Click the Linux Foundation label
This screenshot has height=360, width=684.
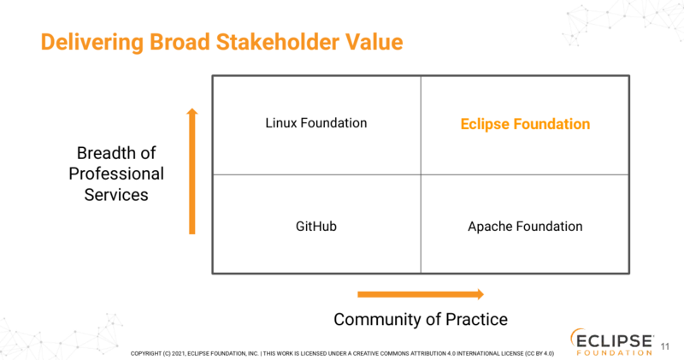pos(316,123)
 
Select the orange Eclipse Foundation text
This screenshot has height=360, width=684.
pos(525,124)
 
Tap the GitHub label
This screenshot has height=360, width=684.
pos(316,227)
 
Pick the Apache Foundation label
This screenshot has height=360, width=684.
pos(525,227)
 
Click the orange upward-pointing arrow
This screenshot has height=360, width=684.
pos(192,171)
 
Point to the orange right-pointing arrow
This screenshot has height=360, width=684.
pos(420,294)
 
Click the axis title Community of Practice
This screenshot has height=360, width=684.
pos(421,320)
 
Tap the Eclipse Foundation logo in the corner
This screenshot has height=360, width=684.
pos(612,340)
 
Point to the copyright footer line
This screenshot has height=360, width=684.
pos(342,352)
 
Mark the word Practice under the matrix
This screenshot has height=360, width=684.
pos(476,320)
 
